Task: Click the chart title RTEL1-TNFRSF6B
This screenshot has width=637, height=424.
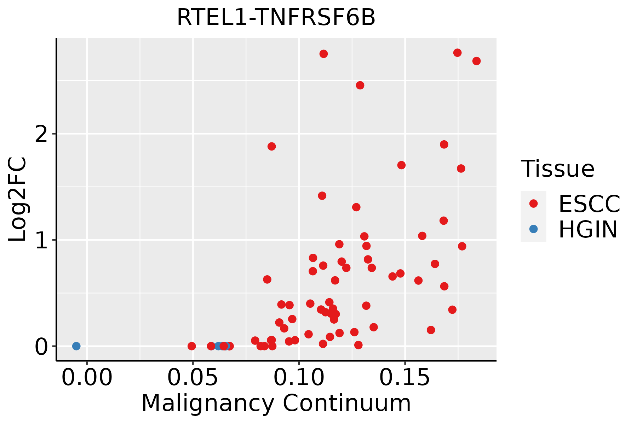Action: point(276,17)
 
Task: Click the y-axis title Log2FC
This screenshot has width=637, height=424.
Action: point(18,199)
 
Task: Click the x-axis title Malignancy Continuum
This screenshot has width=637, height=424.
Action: point(276,403)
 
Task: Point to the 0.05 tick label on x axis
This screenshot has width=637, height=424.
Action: point(193,378)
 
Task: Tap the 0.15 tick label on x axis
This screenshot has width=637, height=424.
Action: point(405,378)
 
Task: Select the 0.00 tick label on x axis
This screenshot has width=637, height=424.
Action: point(87,378)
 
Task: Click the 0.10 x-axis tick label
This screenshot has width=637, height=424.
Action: point(299,378)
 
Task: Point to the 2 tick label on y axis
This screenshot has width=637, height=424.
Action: point(41,134)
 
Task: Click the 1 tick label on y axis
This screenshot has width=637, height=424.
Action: point(41,240)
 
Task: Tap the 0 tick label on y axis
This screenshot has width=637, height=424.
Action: point(41,346)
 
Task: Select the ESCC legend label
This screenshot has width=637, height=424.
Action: point(589,204)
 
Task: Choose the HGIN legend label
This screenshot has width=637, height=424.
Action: point(588,229)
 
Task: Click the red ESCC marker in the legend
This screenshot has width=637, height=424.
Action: point(533,204)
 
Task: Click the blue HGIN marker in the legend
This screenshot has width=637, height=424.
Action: point(533,229)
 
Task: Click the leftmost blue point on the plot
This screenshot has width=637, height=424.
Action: point(76,346)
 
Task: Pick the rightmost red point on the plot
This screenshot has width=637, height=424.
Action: point(476,61)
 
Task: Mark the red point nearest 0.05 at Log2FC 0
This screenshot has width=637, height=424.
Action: point(191,346)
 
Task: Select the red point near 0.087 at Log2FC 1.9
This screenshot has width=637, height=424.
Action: point(271,146)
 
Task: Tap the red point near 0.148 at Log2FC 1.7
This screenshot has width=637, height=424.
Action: point(401,165)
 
